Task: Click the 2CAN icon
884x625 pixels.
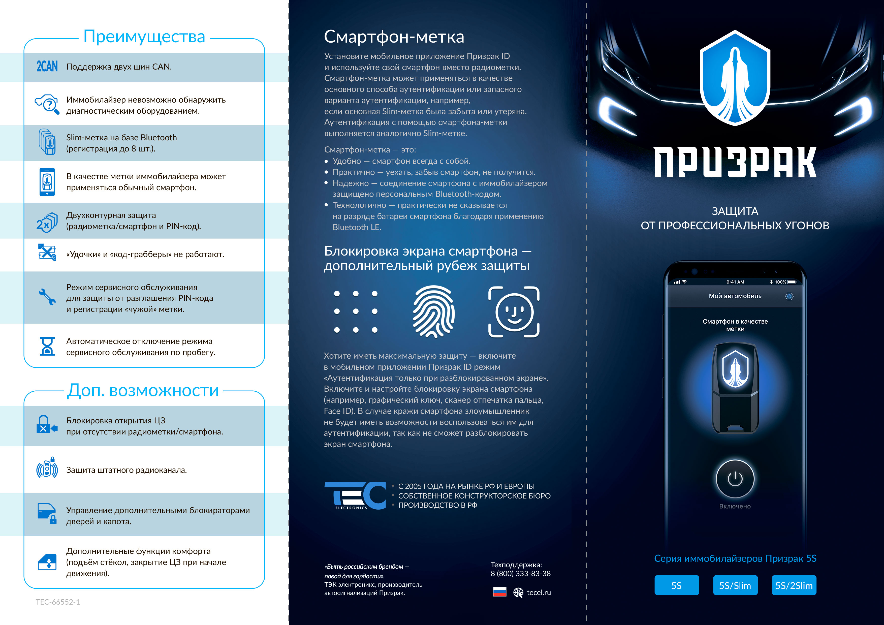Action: pos(47,66)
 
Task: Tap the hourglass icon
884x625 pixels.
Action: pos(47,346)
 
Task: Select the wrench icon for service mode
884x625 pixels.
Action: pos(47,297)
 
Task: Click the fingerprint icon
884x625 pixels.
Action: pos(433,311)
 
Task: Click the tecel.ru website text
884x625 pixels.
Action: pos(538,592)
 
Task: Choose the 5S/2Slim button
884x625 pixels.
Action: pos(794,585)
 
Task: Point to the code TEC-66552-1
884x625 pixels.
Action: pos(58,602)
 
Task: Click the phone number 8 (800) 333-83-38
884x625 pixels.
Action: pos(521,573)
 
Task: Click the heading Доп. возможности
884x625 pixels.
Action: pos(143,390)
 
